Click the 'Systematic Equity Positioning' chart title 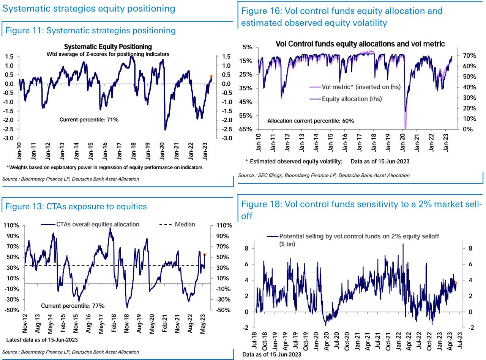(x=108, y=47)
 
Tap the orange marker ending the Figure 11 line (x=211, y=76)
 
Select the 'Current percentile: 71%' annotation (x=89, y=119)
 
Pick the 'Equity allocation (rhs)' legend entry (x=352, y=99)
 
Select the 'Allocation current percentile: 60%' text (x=311, y=121)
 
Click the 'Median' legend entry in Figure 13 (x=185, y=224)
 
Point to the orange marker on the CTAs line (x=205, y=255)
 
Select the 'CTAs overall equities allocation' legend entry (x=98, y=224)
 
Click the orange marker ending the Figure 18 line (x=456, y=283)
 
